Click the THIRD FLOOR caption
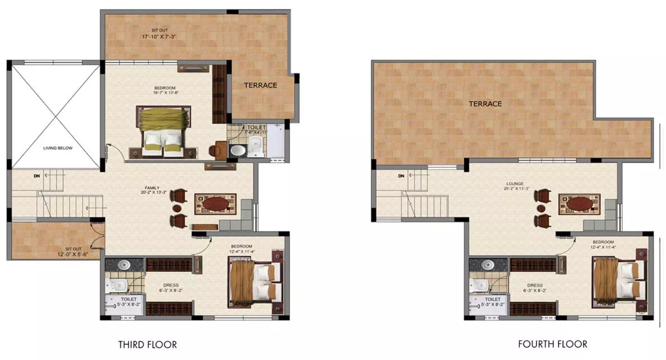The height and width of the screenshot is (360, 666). pos(148,344)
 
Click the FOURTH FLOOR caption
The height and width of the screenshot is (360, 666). pos(553,344)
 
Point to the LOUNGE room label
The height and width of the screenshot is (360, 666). pos(514,184)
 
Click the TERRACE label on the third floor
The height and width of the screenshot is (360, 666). pos(260,85)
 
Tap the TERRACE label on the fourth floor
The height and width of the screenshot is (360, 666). pos(485,104)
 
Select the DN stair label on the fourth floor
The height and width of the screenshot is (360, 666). pos(401,176)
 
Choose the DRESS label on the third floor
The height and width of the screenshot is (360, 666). pos(171,285)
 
